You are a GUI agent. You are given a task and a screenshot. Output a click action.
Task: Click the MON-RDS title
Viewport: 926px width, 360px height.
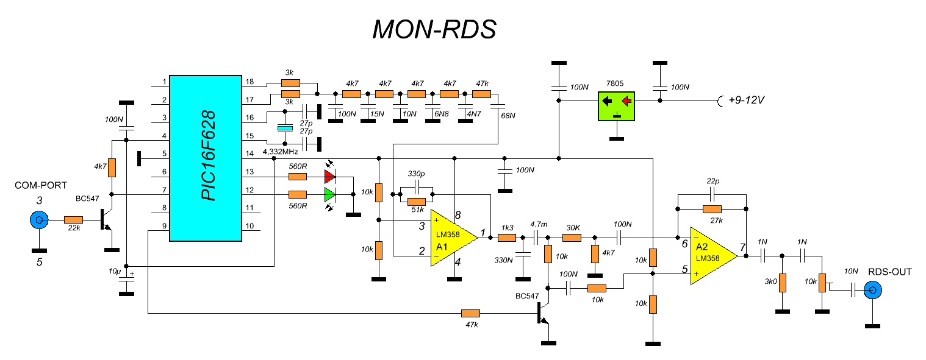[434, 29]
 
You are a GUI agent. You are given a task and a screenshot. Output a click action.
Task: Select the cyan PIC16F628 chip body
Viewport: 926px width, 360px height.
[206, 158]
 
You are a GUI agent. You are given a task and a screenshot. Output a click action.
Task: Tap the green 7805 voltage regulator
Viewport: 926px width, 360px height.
[616, 106]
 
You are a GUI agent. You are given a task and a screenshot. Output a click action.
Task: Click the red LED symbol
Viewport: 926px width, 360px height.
[330, 177]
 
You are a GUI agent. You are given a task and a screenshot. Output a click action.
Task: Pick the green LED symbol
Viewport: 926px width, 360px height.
[330, 194]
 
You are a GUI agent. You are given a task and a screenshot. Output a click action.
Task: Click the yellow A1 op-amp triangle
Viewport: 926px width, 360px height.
[453, 238]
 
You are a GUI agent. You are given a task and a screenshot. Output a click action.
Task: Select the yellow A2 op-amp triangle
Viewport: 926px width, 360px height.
[714, 256]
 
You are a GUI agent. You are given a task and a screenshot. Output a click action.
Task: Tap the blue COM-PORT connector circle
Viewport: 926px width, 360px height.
[39, 220]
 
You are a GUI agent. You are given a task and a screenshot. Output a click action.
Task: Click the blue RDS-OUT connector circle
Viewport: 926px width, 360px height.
[873, 290]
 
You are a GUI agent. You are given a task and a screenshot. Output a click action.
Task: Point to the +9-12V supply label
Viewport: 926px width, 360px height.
[746, 100]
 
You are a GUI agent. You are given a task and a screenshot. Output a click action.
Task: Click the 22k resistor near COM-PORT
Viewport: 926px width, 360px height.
[74, 220]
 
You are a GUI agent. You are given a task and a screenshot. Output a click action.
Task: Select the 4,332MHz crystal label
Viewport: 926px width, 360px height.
[280, 152]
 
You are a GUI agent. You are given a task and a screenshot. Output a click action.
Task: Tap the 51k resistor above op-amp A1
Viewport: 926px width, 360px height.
[416, 202]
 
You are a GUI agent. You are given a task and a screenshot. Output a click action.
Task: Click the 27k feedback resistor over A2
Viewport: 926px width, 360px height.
[712, 210]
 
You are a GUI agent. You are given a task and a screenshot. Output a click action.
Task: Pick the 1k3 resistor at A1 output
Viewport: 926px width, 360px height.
[507, 238]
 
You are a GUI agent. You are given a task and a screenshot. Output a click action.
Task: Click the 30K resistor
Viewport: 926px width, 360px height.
[572, 238]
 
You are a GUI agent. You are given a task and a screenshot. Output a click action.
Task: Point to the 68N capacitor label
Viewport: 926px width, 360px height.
[508, 116]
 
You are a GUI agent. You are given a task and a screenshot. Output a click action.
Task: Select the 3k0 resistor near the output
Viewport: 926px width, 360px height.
[783, 283]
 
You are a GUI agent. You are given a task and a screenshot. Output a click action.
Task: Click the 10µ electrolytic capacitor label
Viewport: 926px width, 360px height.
[115, 271]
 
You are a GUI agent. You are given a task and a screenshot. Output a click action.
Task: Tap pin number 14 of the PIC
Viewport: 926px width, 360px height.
[249, 154]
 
